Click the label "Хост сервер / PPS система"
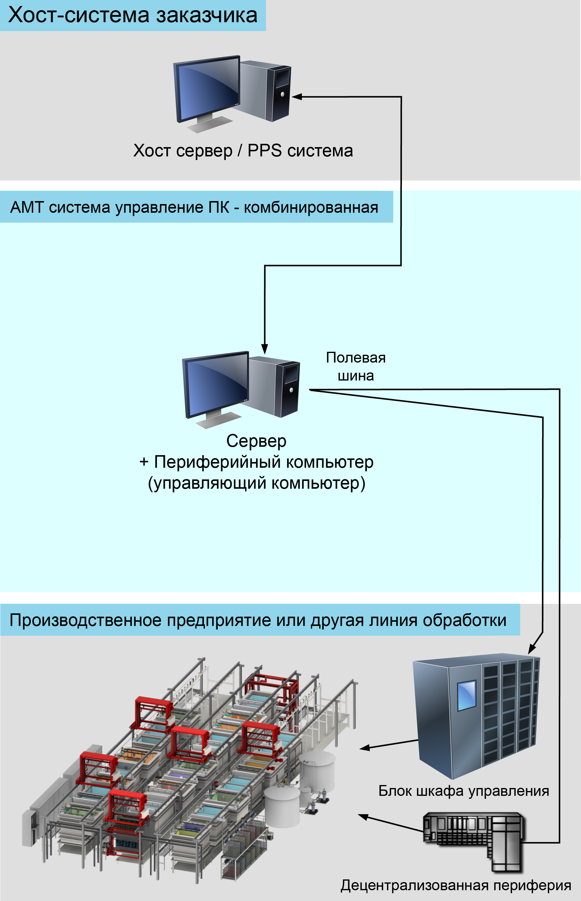243,151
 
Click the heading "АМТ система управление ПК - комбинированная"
194,207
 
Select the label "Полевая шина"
356,366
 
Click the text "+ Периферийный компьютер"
257,462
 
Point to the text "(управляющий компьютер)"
257,483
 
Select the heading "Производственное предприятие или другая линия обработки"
258,620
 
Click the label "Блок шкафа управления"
464,791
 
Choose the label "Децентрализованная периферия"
456,885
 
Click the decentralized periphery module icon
474,841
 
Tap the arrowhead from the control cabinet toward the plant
365,748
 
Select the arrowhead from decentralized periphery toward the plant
363,817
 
